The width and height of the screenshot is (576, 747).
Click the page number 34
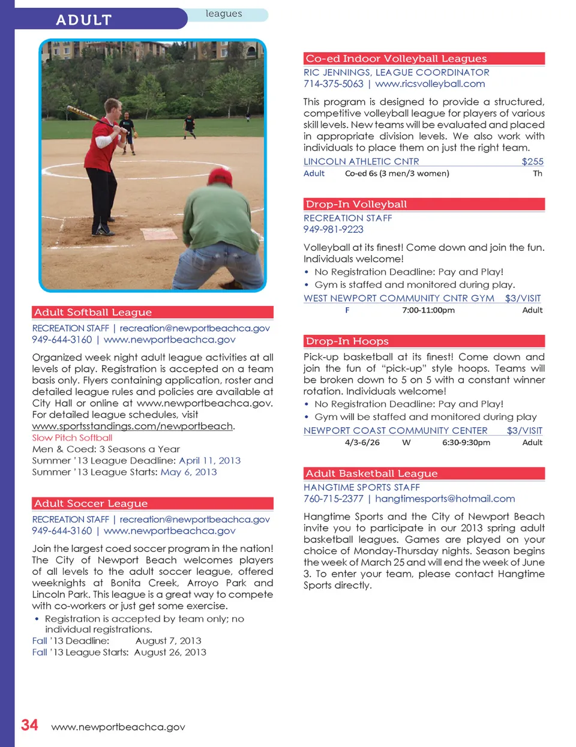point(29,725)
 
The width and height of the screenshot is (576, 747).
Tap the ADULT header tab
point(84,20)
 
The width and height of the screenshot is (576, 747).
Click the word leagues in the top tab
point(224,14)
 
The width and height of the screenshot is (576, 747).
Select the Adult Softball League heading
point(93,312)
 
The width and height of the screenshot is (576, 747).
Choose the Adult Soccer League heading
point(91,503)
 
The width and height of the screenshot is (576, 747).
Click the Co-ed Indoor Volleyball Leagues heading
point(396,58)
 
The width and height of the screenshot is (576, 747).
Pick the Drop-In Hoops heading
point(347,341)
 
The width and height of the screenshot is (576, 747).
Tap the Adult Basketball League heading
point(371,473)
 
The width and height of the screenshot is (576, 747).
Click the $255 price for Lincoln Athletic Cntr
point(532,161)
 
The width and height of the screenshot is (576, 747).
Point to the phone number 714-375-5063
point(333,84)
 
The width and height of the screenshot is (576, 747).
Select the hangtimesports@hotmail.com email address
point(445,499)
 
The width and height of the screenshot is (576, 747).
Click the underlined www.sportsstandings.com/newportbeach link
point(133,426)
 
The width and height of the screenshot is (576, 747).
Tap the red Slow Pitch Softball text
point(72,437)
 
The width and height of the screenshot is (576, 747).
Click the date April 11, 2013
point(209,460)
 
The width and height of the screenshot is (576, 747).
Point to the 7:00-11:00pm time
point(428,310)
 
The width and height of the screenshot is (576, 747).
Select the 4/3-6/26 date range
point(362,442)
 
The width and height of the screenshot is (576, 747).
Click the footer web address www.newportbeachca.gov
point(118,727)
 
